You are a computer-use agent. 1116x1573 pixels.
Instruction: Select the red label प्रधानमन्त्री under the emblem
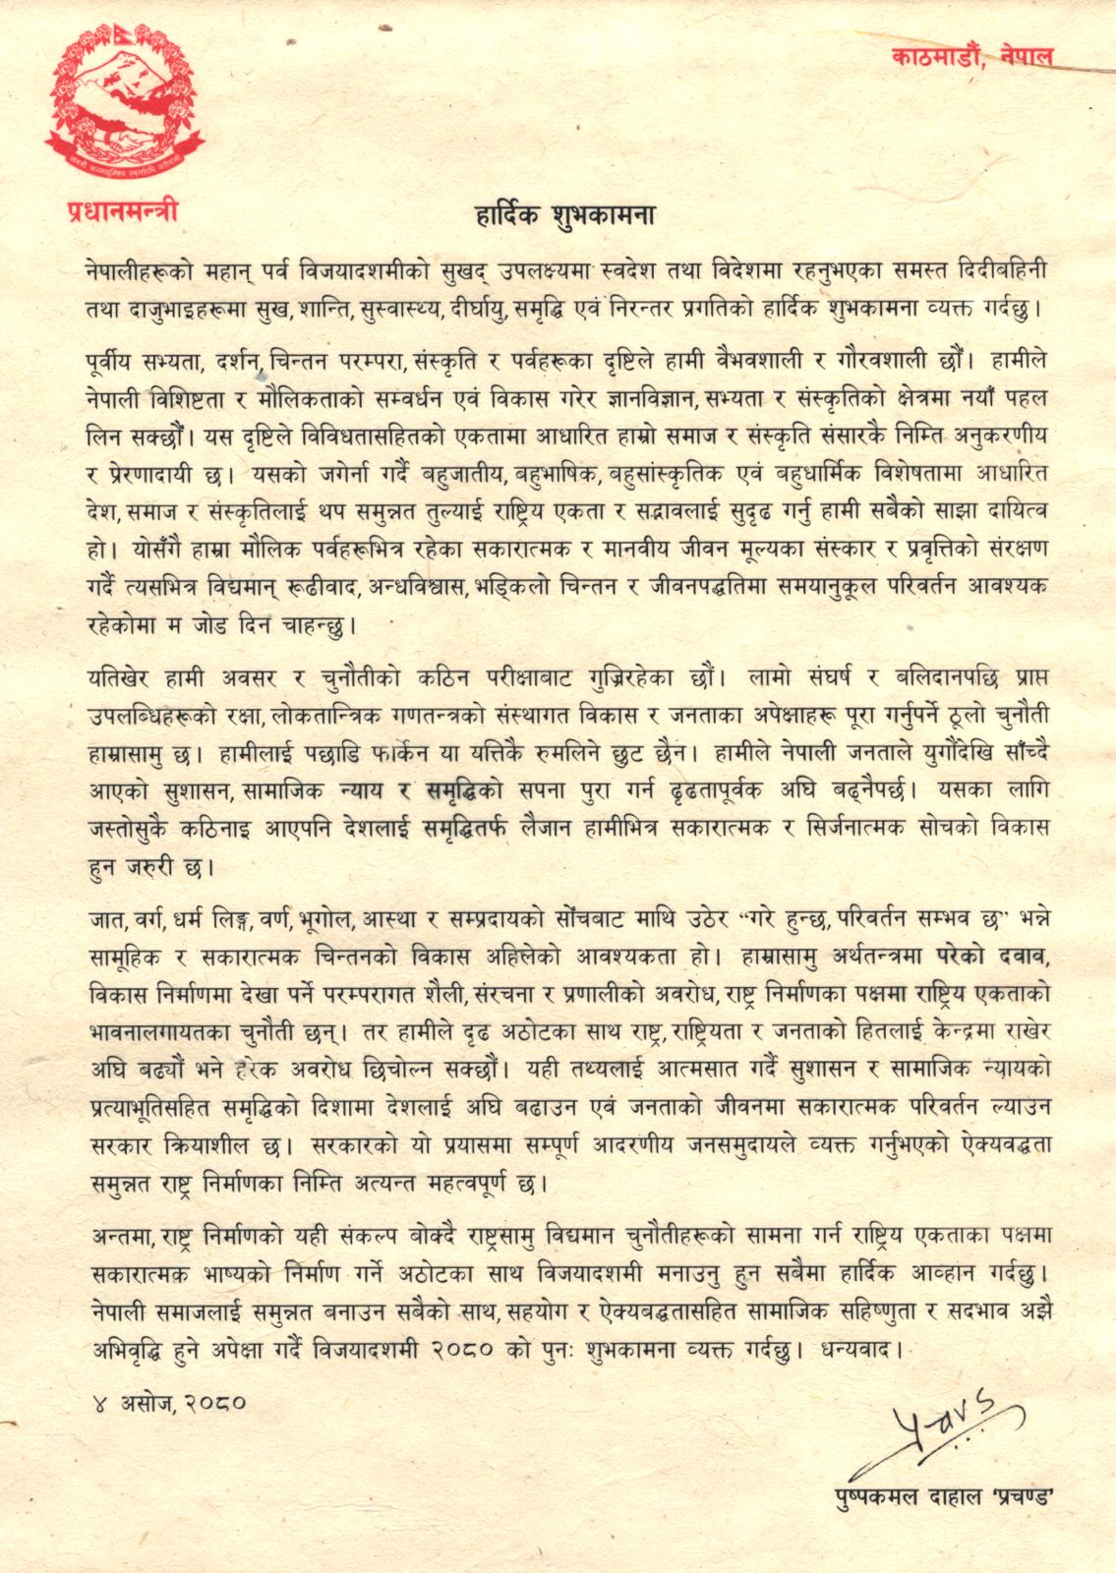click(x=123, y=209)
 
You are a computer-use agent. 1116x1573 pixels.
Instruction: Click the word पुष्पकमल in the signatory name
click(x=865, y=1497)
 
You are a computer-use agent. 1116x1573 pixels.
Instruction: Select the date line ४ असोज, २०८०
click(x=165, y=1402)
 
